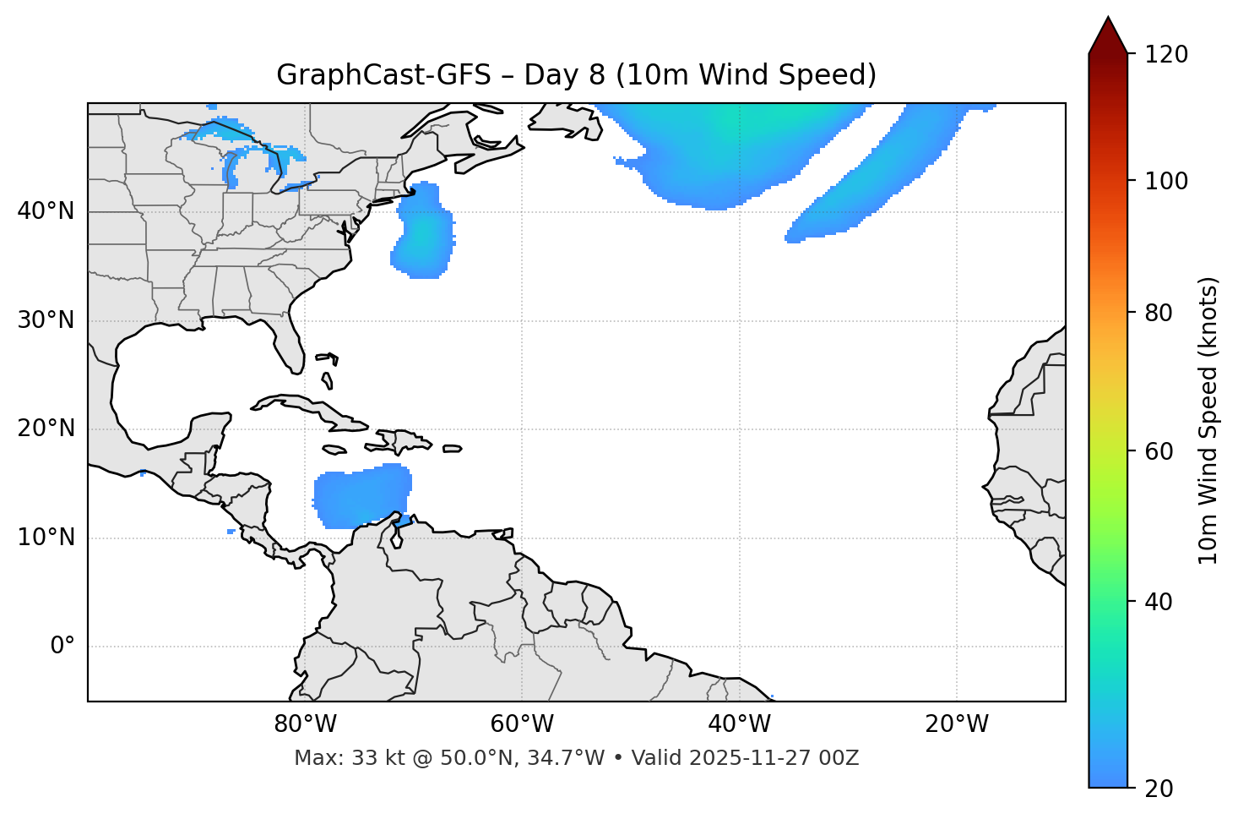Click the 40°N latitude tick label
pyautogui.click(x=46, y=211)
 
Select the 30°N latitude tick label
pyautogui.click(x=46, y=320)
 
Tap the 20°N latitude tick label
pyautogui.click(x=46, y=429)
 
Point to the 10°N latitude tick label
pyautogui.click(x=46, y=538)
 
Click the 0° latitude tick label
pyautogui.click(x=62, y=647)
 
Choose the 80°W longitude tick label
pyautogui.click(x=305, y=724)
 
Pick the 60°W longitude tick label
pyautogui.click(x=522, y=724)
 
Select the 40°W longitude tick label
pyautogui.click(x=739, y=724)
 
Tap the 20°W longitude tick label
pyautogui.click(x=956, y=724)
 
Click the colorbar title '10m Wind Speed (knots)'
pyautogui.click(x=1208, y=420)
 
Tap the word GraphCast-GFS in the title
pyautogui.click(x=383, y=75)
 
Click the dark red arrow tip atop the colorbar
pyautogui.click(x=1108, y=34)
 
